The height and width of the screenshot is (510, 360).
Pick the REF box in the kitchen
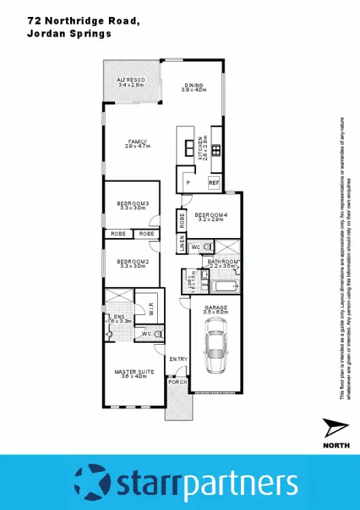click(x=214, y=183)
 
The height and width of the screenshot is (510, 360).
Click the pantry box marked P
click(x=188, y=183)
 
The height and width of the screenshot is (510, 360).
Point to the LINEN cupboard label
click(x=182, y=243)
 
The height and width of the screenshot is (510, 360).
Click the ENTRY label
click(x=178, y=359)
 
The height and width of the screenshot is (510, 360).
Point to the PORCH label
click(x=178, y=382)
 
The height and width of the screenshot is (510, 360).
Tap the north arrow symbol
click(x=336, y=430)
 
